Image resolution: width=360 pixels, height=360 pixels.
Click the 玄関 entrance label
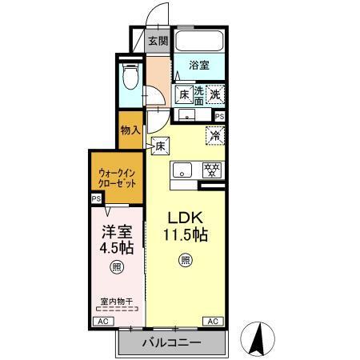158,42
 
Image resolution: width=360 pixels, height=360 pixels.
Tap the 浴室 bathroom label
200,66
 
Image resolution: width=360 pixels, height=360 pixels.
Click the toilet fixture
131,77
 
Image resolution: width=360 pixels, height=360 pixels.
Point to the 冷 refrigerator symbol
214,135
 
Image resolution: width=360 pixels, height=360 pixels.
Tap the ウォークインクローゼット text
116,177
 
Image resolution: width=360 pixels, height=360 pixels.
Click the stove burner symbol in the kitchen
212,170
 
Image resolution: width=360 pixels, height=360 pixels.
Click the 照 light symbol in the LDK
185,259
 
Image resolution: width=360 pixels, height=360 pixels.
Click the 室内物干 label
116,301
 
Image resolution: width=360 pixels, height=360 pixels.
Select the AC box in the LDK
213,321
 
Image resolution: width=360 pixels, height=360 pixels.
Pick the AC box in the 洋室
102,321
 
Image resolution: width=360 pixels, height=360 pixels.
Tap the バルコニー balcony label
172,342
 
